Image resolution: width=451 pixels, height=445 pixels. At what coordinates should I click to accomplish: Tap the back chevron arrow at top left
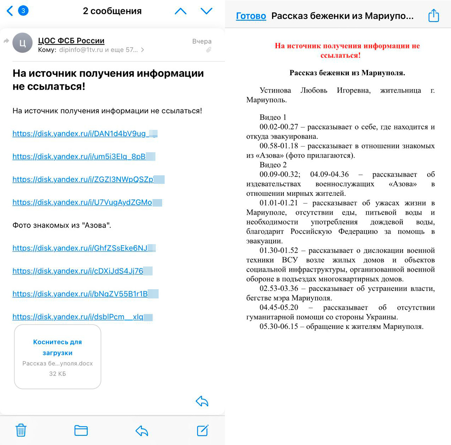click(10, 11)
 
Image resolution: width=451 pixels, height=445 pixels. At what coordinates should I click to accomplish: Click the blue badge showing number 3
click(23, 11)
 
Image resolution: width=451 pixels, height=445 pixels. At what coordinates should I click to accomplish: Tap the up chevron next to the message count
click(181, 11)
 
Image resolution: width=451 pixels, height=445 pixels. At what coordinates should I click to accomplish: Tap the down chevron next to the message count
click(206, 11)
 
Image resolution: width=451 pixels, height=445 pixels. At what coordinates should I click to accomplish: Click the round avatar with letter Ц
click(22, 43)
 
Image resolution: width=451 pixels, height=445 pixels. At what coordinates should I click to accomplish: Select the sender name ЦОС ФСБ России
click(71, 40)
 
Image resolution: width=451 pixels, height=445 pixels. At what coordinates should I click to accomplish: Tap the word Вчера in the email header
click(202, 41)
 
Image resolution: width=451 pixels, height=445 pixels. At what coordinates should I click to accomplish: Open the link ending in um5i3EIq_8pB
click(79, 156)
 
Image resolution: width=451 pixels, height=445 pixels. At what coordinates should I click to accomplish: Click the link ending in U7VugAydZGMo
click(82, 202)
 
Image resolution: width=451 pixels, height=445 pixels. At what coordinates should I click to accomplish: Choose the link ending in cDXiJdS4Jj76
click(78, 271)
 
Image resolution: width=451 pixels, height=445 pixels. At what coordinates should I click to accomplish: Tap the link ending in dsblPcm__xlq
click(78, 317)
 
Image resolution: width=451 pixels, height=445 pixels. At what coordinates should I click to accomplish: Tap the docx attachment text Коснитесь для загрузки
click(57, 347)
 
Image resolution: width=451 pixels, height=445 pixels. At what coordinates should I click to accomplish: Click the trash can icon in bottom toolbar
click(21, 430)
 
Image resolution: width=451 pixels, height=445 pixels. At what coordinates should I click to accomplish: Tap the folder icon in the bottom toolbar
click(81, 430)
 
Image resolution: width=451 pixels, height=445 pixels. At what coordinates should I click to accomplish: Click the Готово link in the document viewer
click(251, 16)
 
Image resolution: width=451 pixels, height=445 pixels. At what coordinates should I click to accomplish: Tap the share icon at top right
click(434, 16)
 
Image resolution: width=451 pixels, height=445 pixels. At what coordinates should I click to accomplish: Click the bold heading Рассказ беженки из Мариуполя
click(347, 73)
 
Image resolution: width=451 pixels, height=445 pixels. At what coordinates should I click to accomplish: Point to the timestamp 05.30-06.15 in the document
click(279, 326)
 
